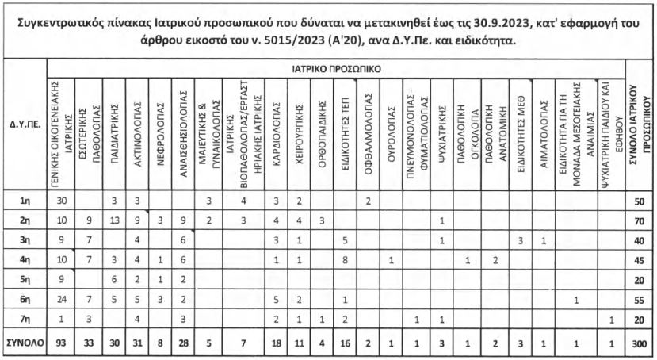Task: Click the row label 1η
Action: [25, 202]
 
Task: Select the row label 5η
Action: [25, 279]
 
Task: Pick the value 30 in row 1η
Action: [62, 202]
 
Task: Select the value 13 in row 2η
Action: [115, 221]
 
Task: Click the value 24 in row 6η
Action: [62, 299]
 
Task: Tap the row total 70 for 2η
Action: [639, 221]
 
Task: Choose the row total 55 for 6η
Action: [639, 299]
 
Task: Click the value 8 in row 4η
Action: [344, 260]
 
